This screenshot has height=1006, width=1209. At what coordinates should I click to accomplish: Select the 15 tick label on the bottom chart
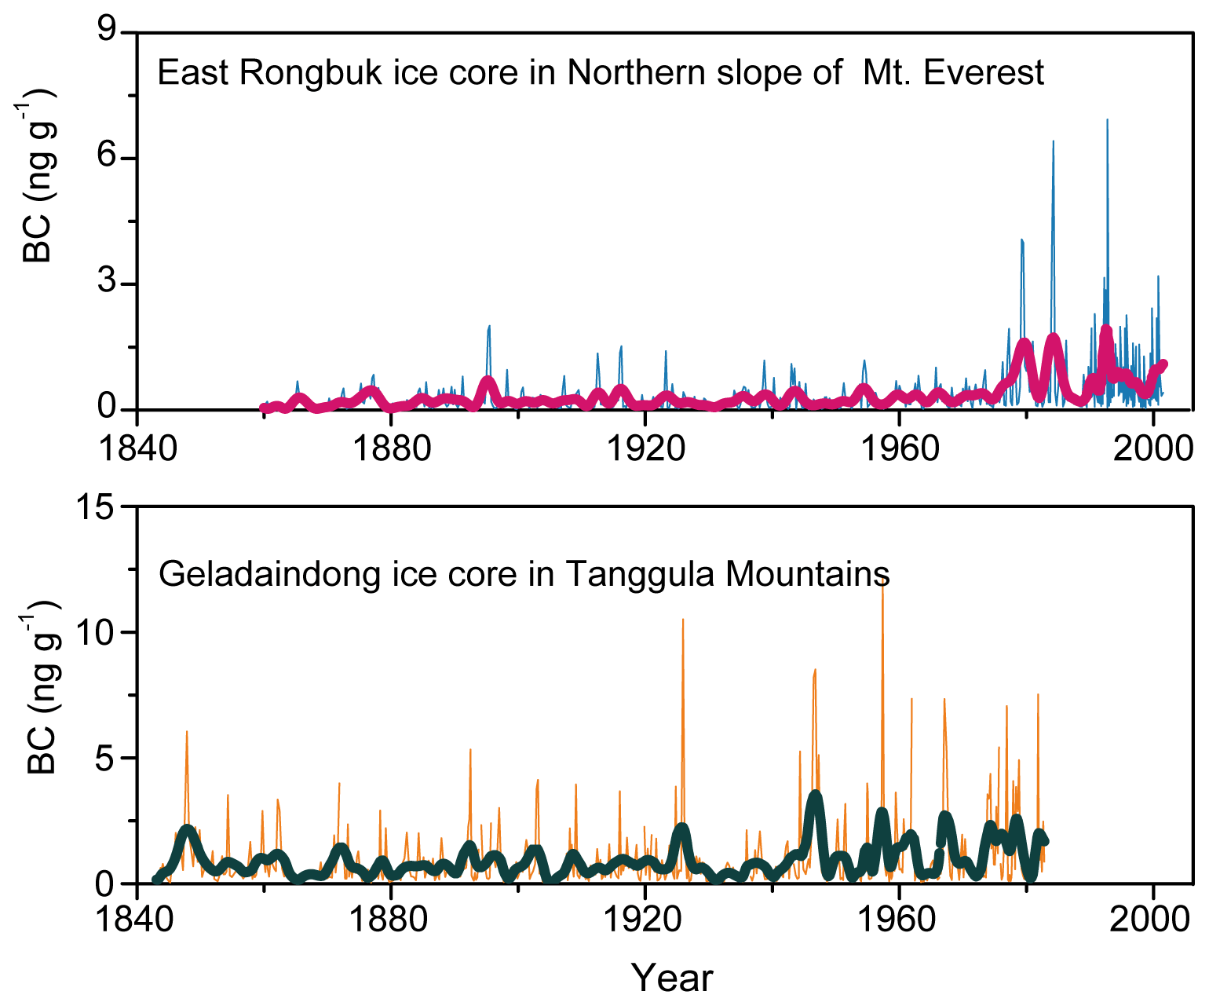point(95,507)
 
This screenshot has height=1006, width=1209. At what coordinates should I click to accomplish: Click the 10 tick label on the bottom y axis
point(95,632)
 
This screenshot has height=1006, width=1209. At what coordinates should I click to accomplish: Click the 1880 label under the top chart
point(390,448)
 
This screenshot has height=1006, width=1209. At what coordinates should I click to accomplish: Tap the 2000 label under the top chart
point(1152,448)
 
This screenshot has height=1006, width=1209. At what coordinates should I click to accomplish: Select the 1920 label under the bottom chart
point(644,918)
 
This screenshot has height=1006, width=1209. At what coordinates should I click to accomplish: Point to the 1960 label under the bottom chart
point(898,918)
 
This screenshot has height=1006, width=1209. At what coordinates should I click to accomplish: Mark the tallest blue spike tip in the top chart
point(1107,120)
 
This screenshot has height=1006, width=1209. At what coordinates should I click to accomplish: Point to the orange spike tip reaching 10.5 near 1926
point(682,620)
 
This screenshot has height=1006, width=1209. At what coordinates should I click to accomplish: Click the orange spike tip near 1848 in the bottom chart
point(187,732)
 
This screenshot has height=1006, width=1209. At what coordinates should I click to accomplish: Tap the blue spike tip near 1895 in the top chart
point(489,326)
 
